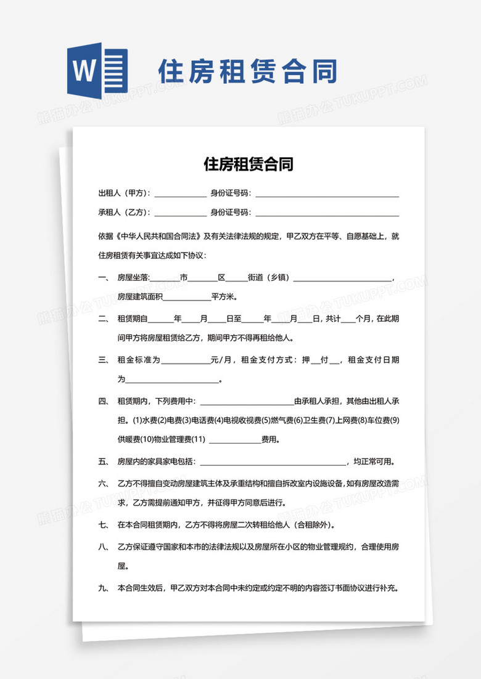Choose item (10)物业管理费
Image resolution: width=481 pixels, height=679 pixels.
click(x=166, y=440)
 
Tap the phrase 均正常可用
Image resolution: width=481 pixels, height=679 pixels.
click(x=373, y=461)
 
